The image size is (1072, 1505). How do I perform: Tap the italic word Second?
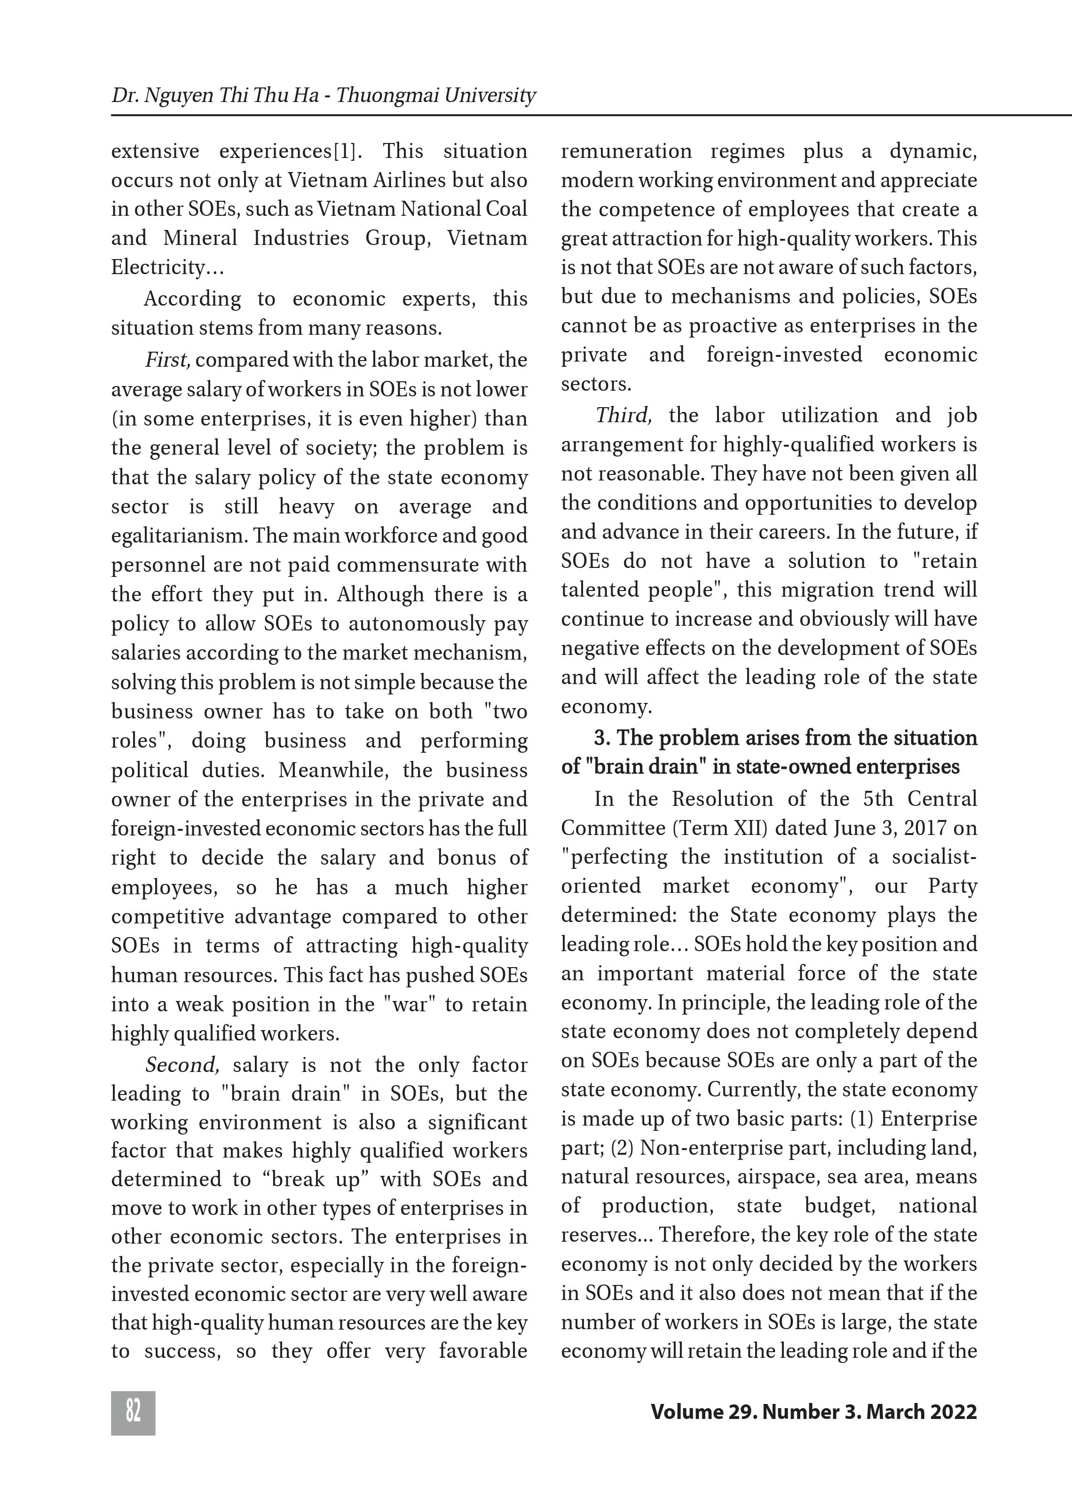181,1065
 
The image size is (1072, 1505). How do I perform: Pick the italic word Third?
623,415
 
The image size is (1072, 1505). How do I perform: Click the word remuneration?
626,151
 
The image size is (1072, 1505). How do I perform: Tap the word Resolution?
722,799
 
